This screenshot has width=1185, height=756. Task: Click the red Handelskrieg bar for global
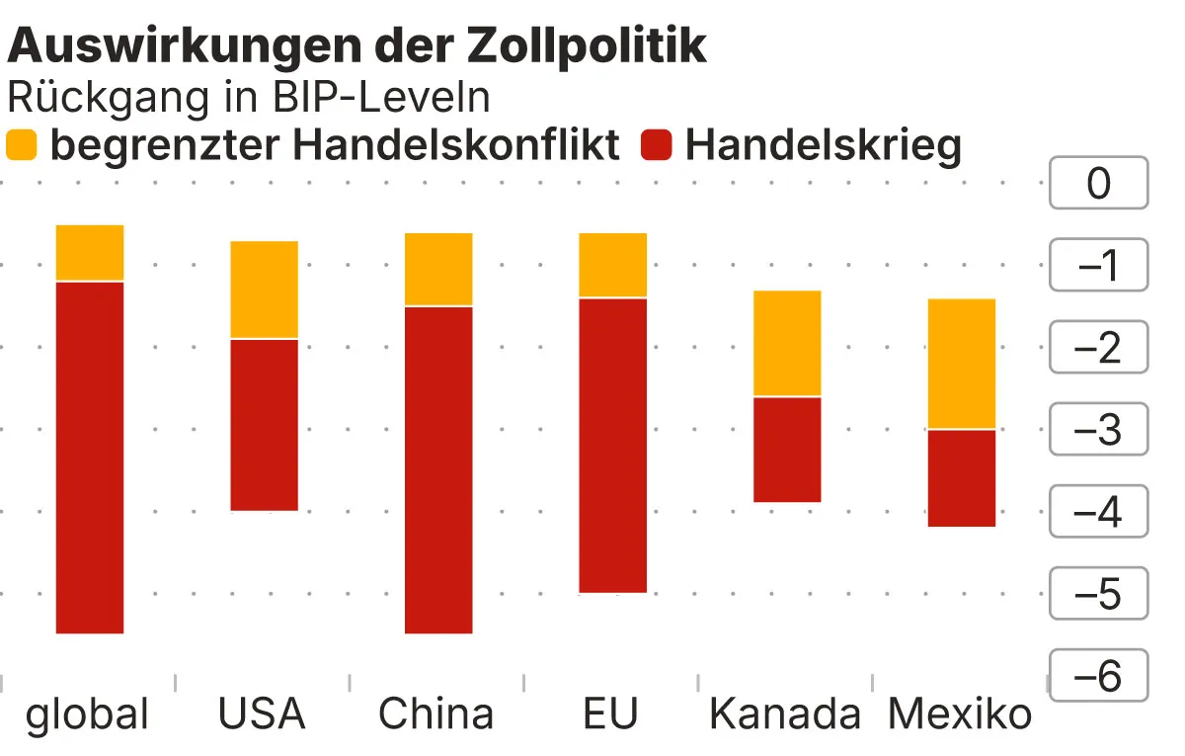pyautogui.click(x=90, y=457)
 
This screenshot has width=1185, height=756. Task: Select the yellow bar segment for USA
pyautogui.click(x=264, y=290)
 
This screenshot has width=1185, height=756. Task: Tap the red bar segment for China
pyautogui.click(x=438, y=469)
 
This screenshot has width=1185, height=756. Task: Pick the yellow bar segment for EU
pyautogui.click(x=612, y=265)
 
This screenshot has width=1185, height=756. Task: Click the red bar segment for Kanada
pyautogui.click(x=787, y=450)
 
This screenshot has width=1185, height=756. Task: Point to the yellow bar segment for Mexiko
pyautogui.click(x=961, y=363)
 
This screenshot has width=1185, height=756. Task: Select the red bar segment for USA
pyautogui.click(x=264, y=425)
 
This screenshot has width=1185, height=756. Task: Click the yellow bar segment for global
pyautogui.click(x=90, y=253)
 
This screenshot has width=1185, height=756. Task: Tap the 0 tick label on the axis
pyautogui.click(x=1098, y=184)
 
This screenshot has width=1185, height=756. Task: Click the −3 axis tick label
pyautogui.click(x=1098, y=430)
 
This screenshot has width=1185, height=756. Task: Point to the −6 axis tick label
pyautogui.click(x=1098, y=676)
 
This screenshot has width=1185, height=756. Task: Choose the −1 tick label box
pyautogui.click(x=1098, y=266)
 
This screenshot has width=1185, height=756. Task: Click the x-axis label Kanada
pyautogui.click(x=785, y=714)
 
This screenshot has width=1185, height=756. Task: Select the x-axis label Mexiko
pyautogui.click(x=960, y=714)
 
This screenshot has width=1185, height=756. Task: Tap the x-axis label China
pyautogui.click(x=435, y=714)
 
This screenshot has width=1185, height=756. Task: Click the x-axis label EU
pyautogui.click(x=611, y=714)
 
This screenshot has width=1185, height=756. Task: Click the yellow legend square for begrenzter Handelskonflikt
pyautogui.click(x=22, y=146)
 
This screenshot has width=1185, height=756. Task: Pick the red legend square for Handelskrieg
pyautogui.click(x=657, y=146)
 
